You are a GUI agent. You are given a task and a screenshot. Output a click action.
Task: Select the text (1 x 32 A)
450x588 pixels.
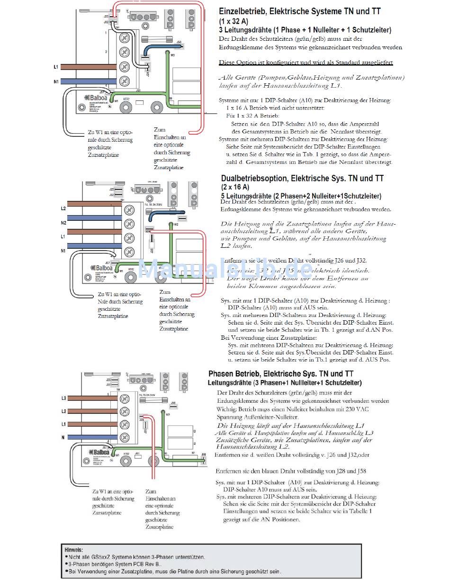(234, 21)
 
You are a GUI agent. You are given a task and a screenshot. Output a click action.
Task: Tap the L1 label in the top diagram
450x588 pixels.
(56, 67)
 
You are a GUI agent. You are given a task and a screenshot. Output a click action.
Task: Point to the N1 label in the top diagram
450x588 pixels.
(56, 81)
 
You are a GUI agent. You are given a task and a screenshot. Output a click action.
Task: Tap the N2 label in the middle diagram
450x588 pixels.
(63, 222)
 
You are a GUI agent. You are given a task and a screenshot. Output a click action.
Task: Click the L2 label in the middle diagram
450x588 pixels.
(63, 208)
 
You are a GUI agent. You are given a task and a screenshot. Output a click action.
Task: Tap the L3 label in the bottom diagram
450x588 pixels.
(63, 398)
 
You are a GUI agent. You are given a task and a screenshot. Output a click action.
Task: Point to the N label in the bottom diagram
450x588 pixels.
(63, 437)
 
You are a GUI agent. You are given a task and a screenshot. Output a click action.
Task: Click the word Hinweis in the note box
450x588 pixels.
(74, 550)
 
